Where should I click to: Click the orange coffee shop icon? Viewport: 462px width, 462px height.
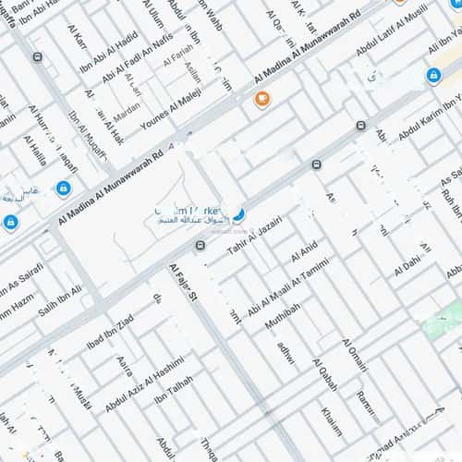tap(262, 98)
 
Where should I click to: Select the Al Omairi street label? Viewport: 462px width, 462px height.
tap(354, 355)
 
